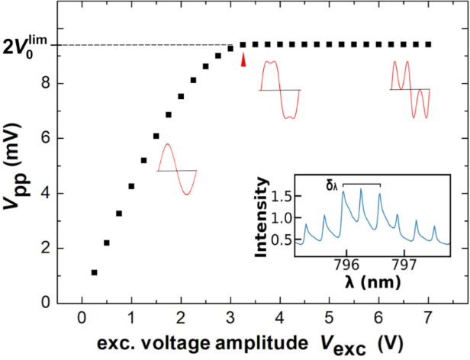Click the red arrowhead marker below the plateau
(x=243, y=60)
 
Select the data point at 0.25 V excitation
(x=94, y=272)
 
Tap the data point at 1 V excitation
(x=131, y=186)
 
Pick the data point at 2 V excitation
(x=181, y=97)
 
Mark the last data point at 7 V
(x=428, y=45)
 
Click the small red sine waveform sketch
(x=176, y=169)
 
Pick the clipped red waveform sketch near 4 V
(x=279, y=90)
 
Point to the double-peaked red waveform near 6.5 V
(x=409, y=89)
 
